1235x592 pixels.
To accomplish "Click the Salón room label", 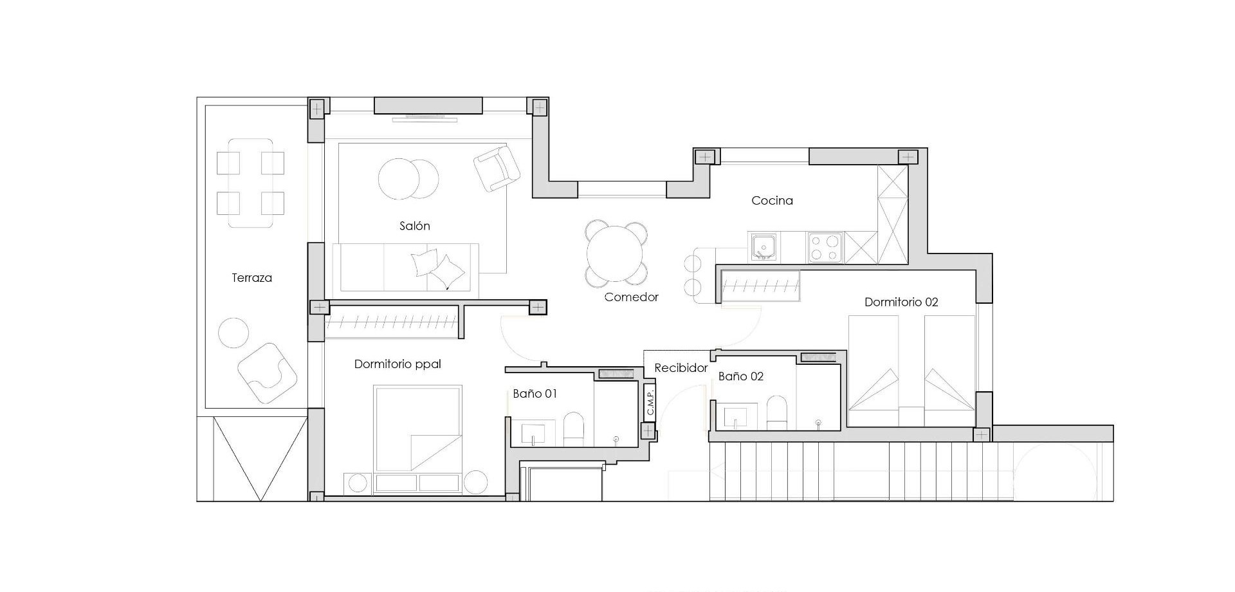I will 414,226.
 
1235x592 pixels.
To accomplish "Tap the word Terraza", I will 252,278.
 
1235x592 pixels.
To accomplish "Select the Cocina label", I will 772,201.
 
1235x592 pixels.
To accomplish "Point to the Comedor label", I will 631,297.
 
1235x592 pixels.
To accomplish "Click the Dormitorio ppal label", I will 398,364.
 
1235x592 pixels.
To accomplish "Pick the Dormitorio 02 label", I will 901,302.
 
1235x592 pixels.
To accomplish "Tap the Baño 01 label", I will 535,394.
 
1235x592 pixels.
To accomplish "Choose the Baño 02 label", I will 740,376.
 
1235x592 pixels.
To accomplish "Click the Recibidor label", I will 681,368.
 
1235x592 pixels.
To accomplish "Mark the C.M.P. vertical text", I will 650,403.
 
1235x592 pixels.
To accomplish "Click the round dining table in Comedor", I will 616,254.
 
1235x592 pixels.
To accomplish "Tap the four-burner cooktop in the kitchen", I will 825,247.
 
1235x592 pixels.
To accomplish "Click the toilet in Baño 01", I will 573,429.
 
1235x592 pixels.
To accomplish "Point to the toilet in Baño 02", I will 777,412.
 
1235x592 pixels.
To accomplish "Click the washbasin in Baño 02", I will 735,417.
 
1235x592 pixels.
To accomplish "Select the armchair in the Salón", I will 497,169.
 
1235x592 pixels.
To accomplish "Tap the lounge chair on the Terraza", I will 266,373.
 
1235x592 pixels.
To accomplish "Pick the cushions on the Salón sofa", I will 438,269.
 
